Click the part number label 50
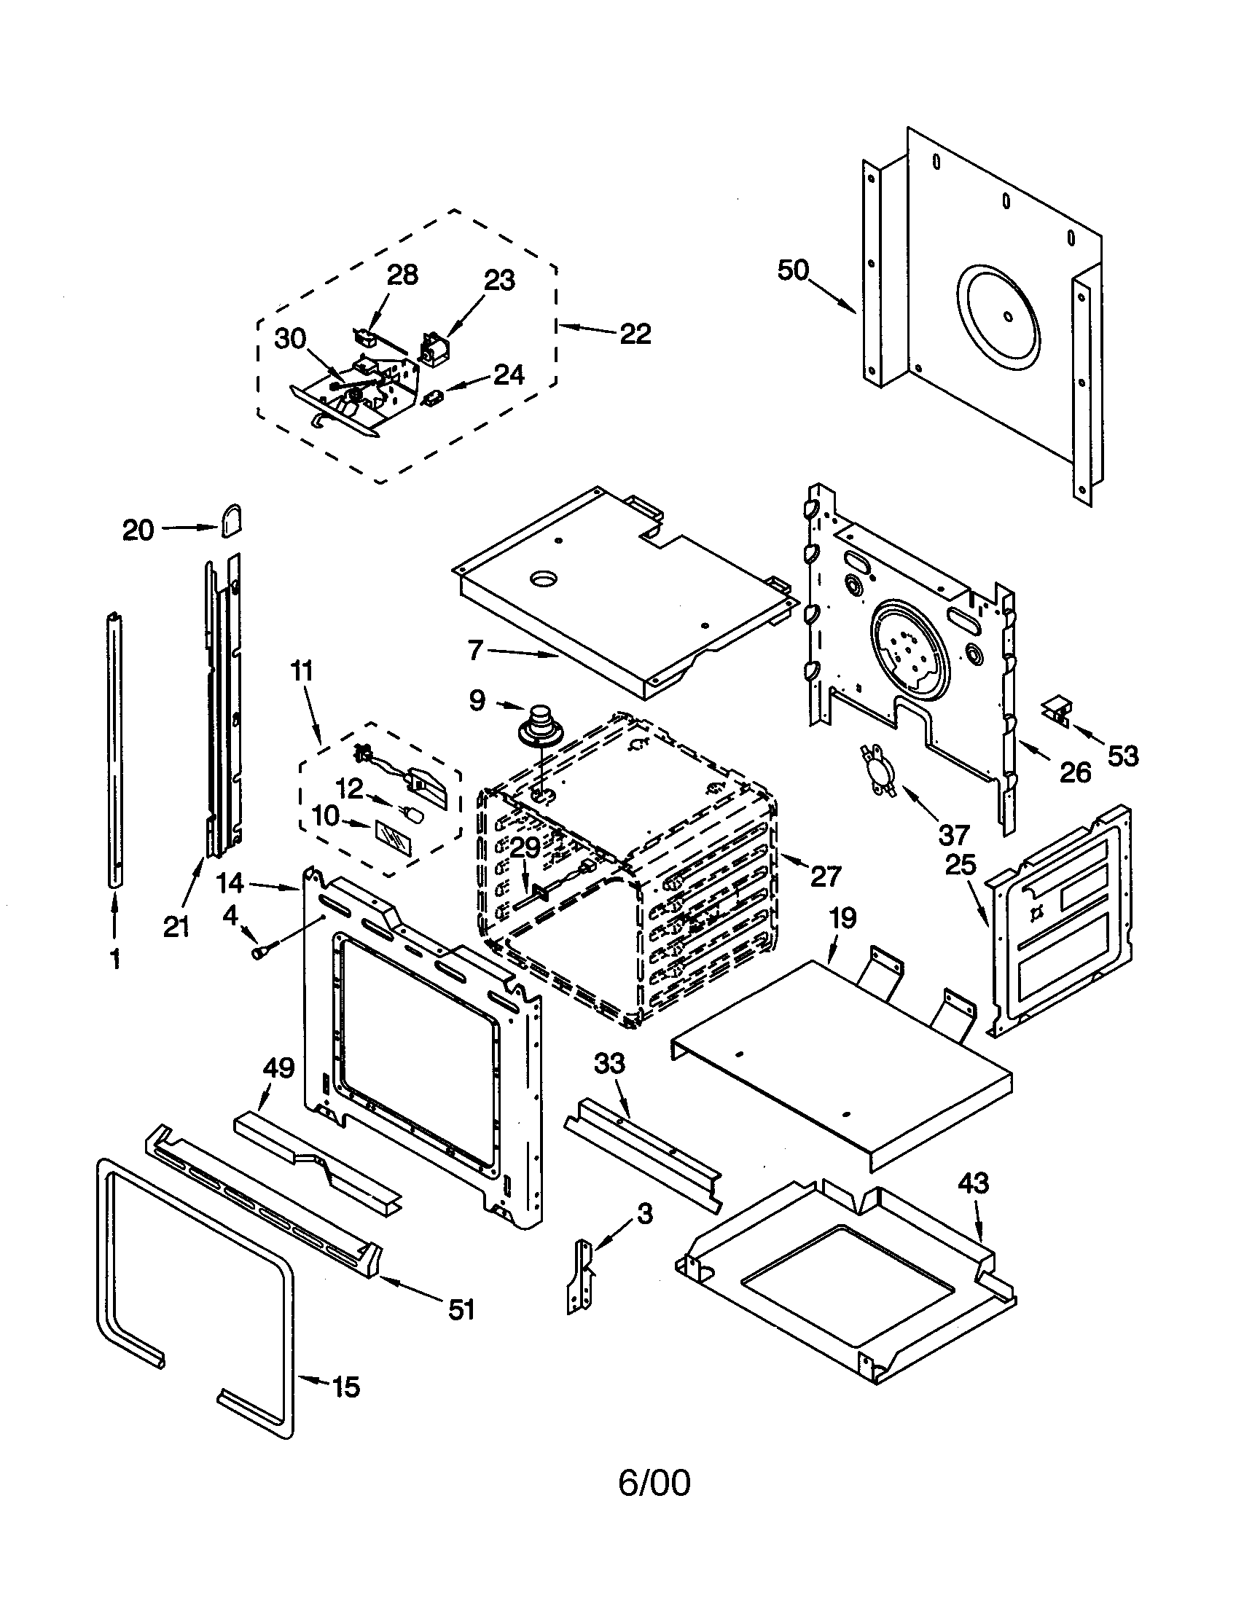(793, 271)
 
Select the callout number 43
(973, 1183)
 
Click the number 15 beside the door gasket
(345, 1387)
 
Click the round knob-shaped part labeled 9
(541, 723)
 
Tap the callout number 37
(954, 834)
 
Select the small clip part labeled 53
(1055, 710)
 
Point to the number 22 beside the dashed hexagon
(635, 334)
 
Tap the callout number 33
(609, 1063)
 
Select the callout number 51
(461, 1309)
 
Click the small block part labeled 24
(434, 397)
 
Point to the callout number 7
(476, 648)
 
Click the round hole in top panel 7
(544, 580)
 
